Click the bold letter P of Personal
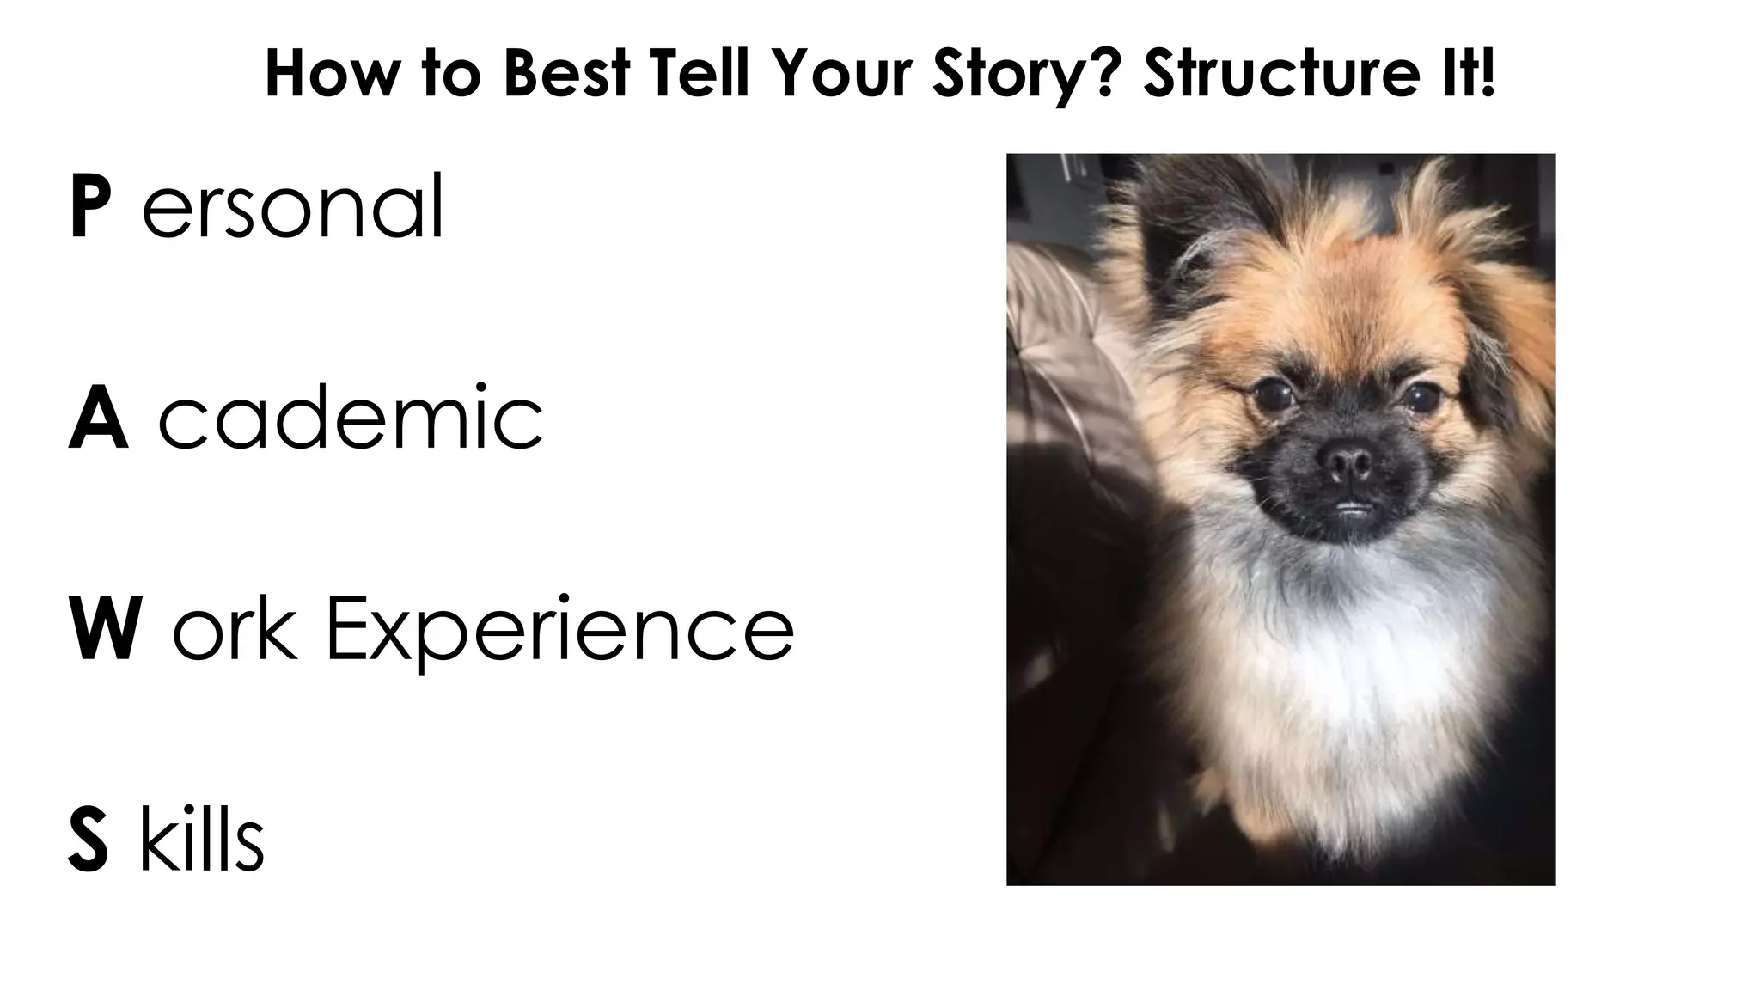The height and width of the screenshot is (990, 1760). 89,206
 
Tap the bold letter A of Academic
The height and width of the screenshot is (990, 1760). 98,419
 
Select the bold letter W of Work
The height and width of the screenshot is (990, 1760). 105,629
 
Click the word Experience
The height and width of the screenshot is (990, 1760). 559,632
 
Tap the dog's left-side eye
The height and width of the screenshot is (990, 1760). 1270,394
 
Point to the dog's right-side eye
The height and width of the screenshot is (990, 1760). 1421,396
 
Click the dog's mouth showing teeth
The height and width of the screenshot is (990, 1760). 1353,507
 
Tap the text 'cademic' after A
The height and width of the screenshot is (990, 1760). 351,419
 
